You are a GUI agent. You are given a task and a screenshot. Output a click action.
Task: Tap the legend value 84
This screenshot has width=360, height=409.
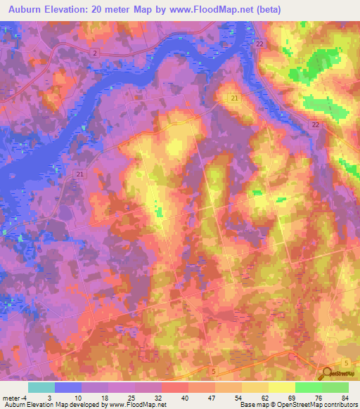pos(345,398)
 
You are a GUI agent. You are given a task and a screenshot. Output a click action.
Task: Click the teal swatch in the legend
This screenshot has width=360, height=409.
pos(41,387)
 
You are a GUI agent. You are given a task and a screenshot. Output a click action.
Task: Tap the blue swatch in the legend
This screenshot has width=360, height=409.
pos(68,387)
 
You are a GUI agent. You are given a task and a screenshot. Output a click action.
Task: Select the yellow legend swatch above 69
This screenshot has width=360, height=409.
pos(282,387)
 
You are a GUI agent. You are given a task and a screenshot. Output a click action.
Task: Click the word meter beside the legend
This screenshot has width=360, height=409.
pos(11,398)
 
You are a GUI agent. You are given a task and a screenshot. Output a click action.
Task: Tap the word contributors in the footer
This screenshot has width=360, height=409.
pos(340,405)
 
